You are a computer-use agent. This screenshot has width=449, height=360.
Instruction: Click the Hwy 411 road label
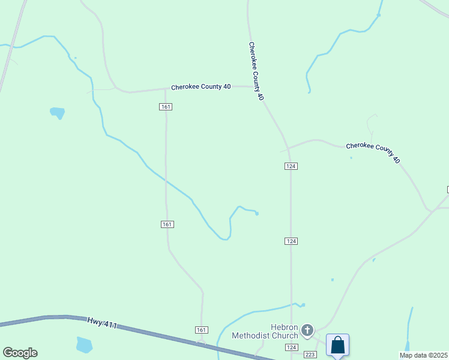point(102,325)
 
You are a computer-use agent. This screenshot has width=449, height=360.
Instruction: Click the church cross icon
point(307,330)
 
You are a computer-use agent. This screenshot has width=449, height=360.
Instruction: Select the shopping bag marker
point(337,346)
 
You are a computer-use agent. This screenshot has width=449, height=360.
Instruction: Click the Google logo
point(20,353)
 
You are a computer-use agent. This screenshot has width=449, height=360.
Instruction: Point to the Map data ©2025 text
point(423,355)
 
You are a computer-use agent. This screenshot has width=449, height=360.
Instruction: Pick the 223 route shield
point(310,355)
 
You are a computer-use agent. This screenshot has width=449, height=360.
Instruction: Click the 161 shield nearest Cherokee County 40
point(166,107)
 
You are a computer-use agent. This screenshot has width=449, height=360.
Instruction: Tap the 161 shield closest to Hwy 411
point(202,330)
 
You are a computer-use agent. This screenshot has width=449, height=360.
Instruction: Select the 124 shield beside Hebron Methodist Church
point(292,347)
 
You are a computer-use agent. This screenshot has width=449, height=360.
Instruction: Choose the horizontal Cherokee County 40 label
point(200,87)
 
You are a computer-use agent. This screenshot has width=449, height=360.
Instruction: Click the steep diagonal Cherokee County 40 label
point(256,71)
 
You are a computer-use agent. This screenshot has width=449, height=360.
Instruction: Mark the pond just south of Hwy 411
point(85,344)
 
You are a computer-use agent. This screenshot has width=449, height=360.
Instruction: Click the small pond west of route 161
point(58,112)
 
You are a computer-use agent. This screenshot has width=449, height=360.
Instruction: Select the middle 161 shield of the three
point(167,224)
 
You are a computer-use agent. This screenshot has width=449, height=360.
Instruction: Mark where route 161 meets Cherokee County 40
point(166,89)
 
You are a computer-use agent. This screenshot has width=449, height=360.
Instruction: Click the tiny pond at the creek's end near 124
point(257,214)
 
